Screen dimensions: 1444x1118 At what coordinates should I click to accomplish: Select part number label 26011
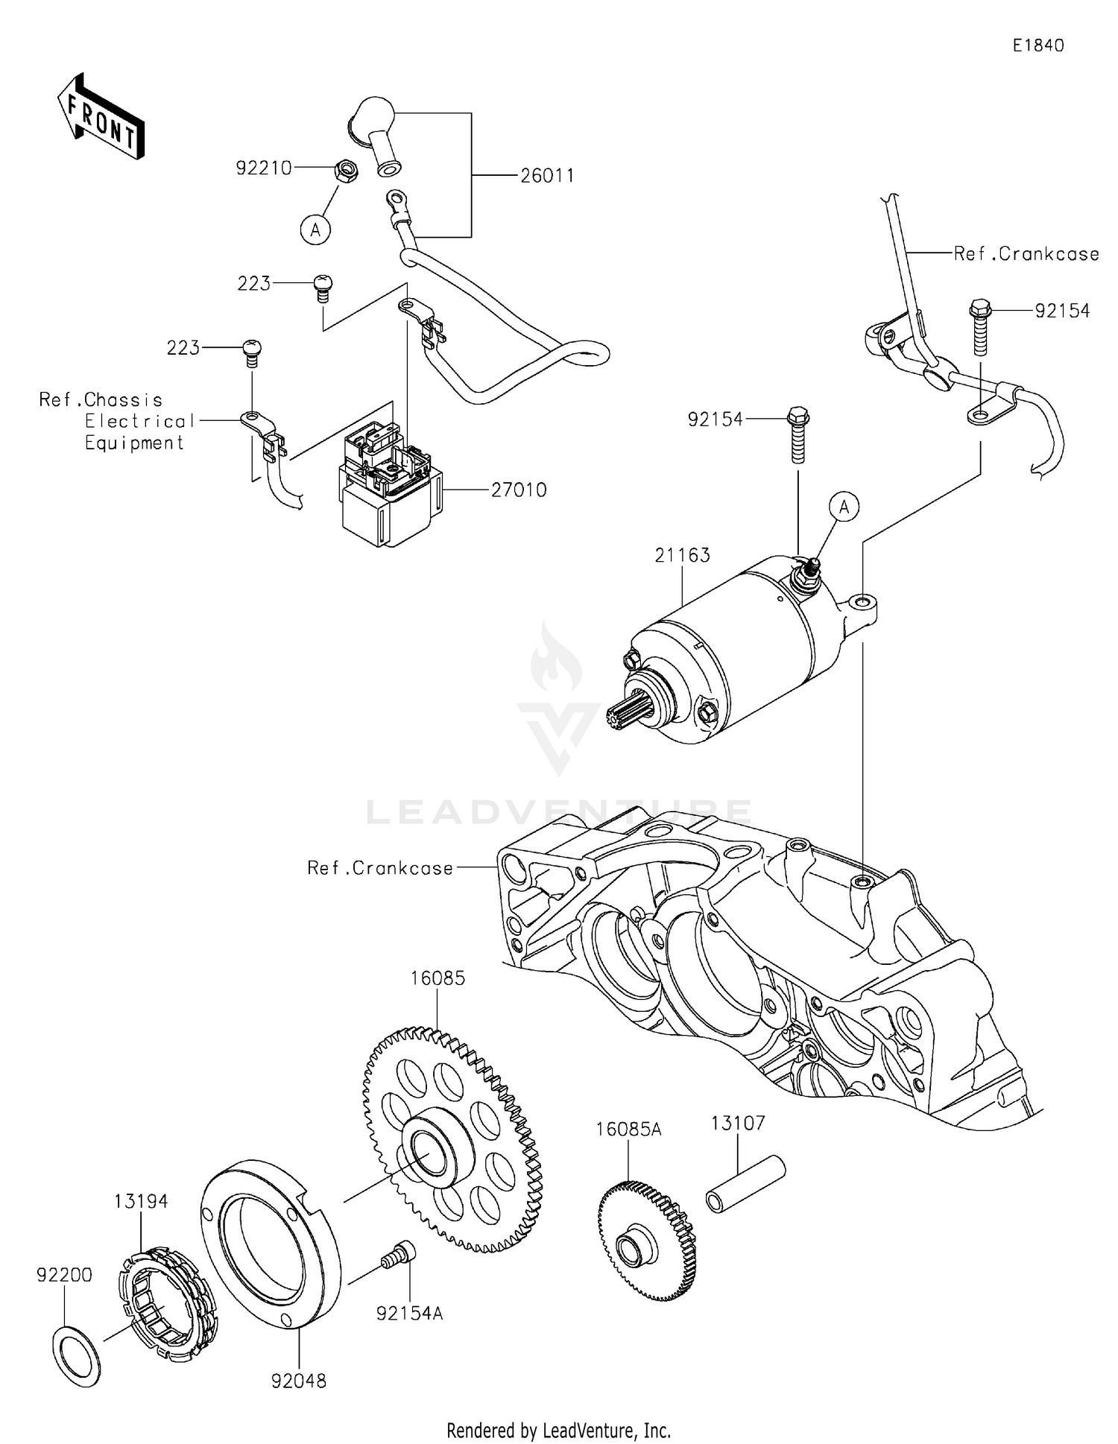547,176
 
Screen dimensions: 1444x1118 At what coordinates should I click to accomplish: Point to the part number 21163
682,555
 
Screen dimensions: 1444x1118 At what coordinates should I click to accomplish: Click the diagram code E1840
1038,45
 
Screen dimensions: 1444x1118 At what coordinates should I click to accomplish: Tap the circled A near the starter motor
844,507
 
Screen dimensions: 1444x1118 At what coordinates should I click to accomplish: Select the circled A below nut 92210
315,230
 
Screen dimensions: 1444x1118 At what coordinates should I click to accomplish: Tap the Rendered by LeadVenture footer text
558,1430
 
